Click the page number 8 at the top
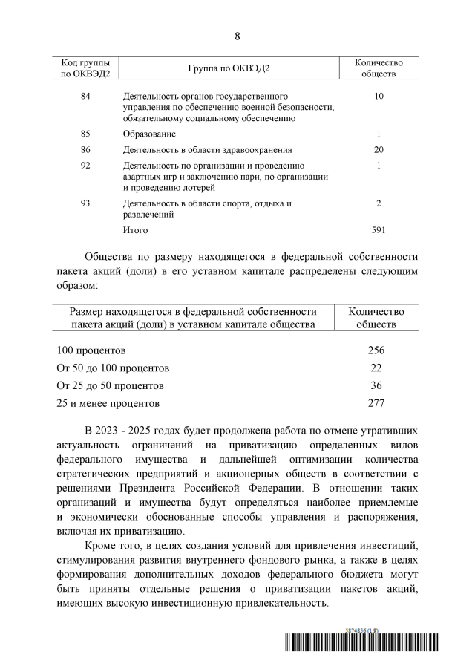(237, 36)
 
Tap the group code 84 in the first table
(85, 97)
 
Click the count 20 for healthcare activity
(379, 149)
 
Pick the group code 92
(85, 165)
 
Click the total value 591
(379, 230)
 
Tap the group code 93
(85, 203)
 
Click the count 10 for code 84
(379, 97)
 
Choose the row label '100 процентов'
(91, 350)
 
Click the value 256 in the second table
(376, 350)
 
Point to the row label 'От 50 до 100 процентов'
(113, 368)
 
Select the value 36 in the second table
(376, 386)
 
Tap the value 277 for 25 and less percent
(376, 404)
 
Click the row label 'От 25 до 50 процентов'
(110, 386)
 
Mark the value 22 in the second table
(376, 368)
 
